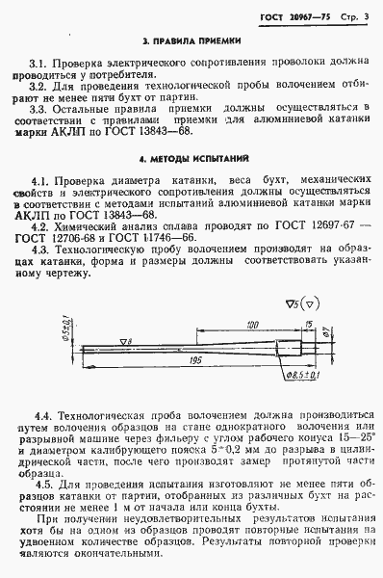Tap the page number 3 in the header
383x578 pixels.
(368, 10)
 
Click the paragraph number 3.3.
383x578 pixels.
(42, 110)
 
